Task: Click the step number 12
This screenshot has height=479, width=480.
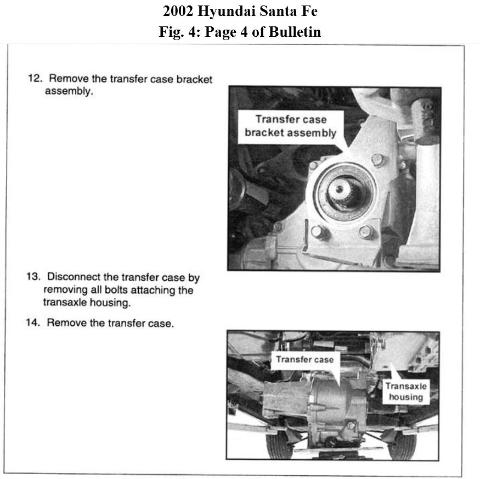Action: (x=35, y=79)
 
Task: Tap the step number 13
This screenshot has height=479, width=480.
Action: (x=32, y=277)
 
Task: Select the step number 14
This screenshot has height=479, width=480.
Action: (x=32, y=323)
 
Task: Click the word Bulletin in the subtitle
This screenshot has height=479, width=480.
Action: (x=295, y=32)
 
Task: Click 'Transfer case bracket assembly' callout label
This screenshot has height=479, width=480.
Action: (x=290, y=126)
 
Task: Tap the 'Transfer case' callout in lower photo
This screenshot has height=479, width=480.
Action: (x=304, y=360)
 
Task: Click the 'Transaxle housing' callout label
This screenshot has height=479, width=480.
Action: (x=405, y=391)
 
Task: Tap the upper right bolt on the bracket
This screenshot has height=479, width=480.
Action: (x=377, y=160)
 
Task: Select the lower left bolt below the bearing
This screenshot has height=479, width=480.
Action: (x=317, y=231)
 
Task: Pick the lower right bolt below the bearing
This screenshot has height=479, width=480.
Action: (x=366, y=231)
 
